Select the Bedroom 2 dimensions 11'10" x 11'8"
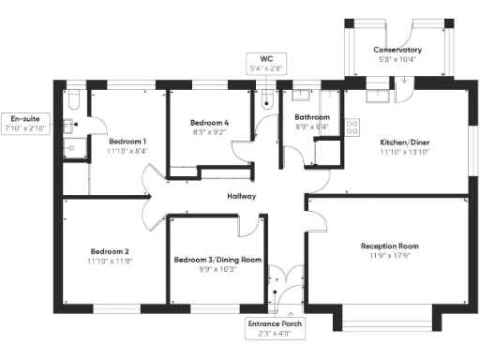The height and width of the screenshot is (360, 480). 110,261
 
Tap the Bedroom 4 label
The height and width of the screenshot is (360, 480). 209,123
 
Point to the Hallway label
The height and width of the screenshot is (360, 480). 242,196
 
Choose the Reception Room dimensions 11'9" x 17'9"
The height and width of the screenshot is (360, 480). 389,256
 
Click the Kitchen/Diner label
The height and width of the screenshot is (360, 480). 404,142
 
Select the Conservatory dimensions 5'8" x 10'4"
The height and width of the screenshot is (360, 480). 397,59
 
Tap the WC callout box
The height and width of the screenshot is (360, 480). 265,64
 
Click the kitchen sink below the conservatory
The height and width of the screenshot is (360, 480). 378,93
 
